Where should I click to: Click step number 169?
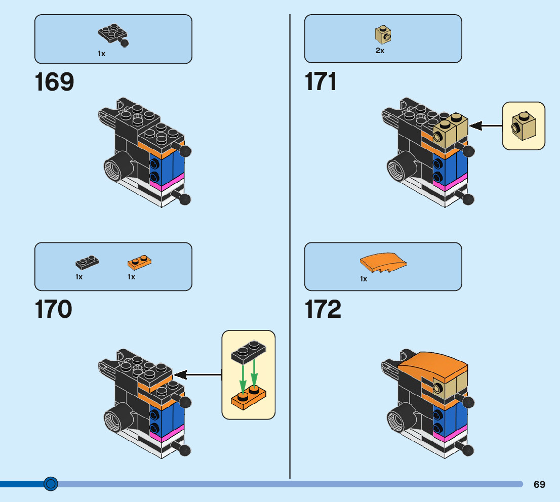coord(54,82)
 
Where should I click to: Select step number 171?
coord(321,81)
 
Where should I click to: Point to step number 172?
coord(323,309)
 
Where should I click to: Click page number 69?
coord(539,484)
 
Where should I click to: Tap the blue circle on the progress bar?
coord(50,484)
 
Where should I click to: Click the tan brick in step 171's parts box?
coord(383,34)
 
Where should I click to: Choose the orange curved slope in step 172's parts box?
coord(383,263)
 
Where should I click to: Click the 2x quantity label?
coord(380,51)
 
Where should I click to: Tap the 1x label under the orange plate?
coord(131,277)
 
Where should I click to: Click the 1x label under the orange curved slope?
coord(364,279)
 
